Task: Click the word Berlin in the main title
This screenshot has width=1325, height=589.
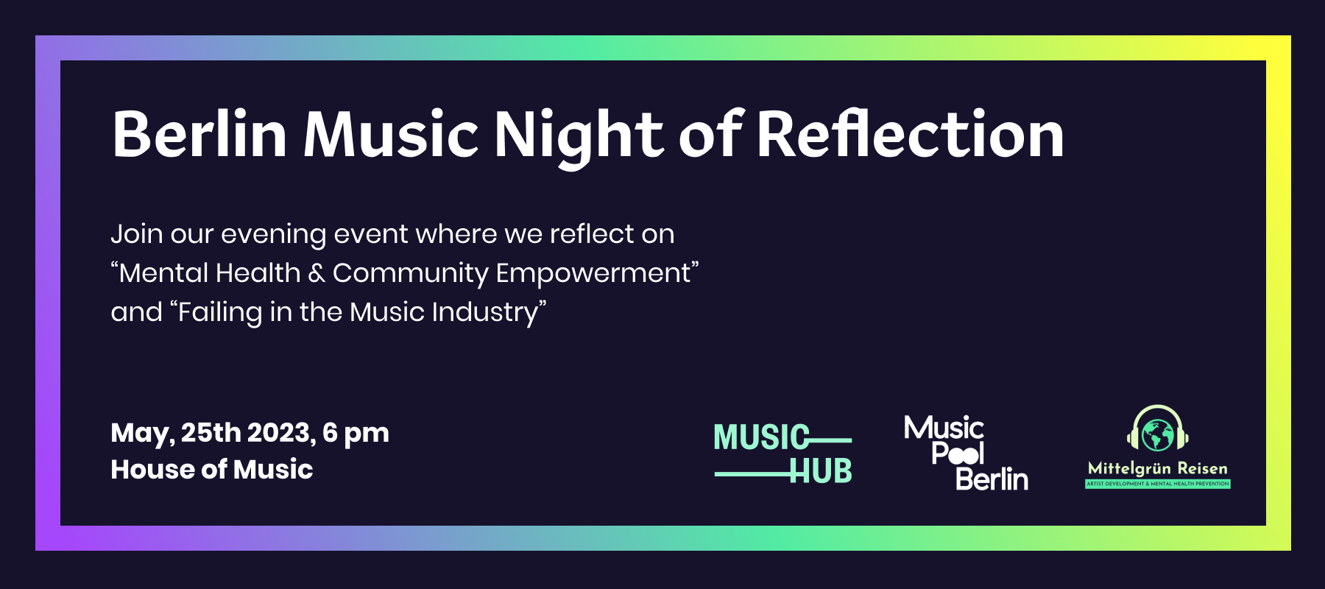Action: (199, 134)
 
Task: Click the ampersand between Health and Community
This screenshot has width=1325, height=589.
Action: (317, 273)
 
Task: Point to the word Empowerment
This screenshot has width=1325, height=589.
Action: (593, 274)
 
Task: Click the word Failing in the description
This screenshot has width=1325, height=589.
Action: (220, 312)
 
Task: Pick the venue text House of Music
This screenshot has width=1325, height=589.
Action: (212, 470)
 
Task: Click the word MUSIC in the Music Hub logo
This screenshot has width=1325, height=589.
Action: (761, 437)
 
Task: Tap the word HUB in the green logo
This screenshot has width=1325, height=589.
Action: (821, 471)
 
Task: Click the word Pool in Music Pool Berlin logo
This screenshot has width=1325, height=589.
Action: (958, 453)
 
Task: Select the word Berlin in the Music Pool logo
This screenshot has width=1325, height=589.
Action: (992, 479)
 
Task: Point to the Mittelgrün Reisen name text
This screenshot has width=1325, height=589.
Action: (1158, 469)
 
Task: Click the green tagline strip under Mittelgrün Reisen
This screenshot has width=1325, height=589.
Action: (1158, 484)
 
